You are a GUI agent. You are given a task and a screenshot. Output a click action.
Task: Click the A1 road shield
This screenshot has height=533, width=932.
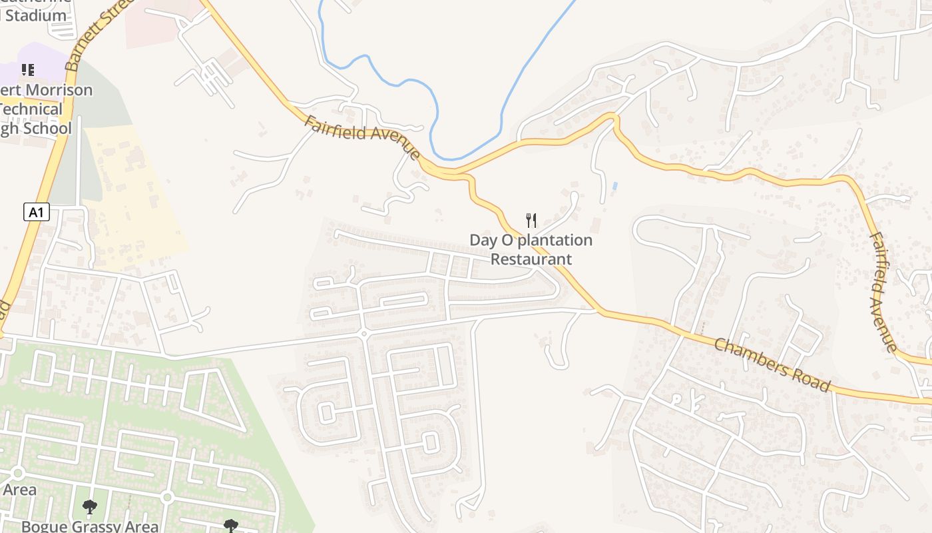coord(37,213)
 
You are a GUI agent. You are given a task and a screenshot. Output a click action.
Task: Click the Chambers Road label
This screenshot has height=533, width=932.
coord(772,364)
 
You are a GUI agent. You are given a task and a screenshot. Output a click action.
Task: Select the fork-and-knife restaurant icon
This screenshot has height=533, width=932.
coord(531,221)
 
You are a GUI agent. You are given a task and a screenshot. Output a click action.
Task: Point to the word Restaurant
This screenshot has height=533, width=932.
coord(531,259)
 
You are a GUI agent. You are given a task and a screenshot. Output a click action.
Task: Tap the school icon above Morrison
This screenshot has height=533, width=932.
coord(27,69)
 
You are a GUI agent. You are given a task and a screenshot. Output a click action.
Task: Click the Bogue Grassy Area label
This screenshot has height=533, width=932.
coord(90,526)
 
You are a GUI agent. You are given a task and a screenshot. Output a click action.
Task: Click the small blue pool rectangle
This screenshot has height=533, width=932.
coord(614,185)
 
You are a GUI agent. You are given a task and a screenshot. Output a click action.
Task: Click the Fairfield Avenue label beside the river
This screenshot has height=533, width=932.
coord(363,139)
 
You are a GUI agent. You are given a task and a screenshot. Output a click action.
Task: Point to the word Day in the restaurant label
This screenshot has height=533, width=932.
coord(482,240)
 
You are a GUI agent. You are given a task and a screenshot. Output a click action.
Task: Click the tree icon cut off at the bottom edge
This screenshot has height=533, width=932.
coord(230,526)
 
